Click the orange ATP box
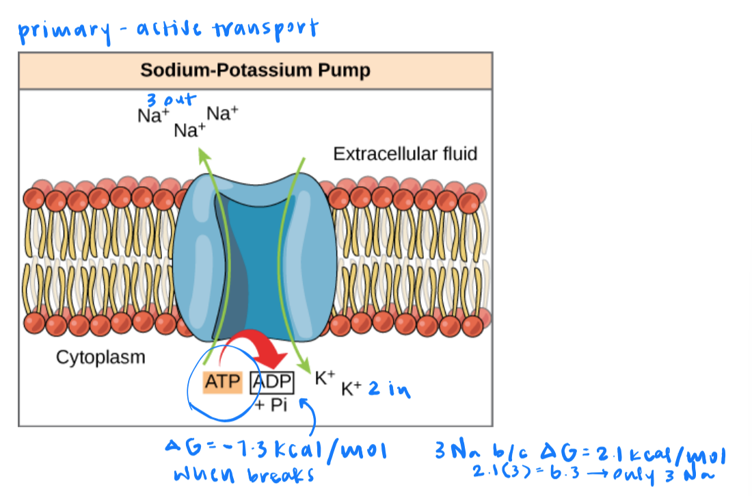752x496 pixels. pos(223,382)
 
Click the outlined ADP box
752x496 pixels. pos(272,382)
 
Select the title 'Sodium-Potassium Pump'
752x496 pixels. pos(255,70)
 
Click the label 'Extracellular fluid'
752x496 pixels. pos(405,154)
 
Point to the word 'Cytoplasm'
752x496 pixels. pos(100,357)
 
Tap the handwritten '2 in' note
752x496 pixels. pos(390,389)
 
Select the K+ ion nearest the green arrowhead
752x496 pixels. pos(324,378)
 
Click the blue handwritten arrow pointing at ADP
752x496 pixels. pos(309,417)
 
